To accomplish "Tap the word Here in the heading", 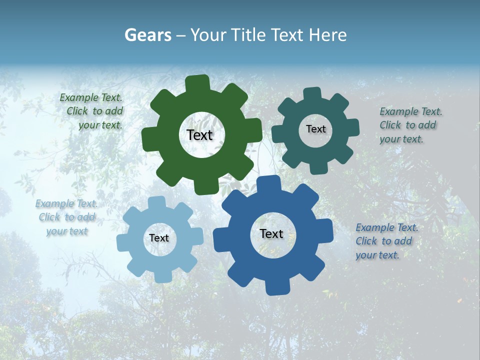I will pyautogui.click(x=328, y=35).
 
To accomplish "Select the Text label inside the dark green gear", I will pyautogui.click(x=199, y=135).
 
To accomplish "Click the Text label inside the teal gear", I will pyautogui.click(x=315, y=129).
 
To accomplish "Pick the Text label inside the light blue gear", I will pyautogui.click(x=159, y=238).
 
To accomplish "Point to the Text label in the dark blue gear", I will pyautogui.click(x=271, y=234).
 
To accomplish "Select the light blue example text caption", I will pyautogui.click(x=67, y=217).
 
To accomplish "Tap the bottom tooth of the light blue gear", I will pyautogui.click(x=161, y=276).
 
